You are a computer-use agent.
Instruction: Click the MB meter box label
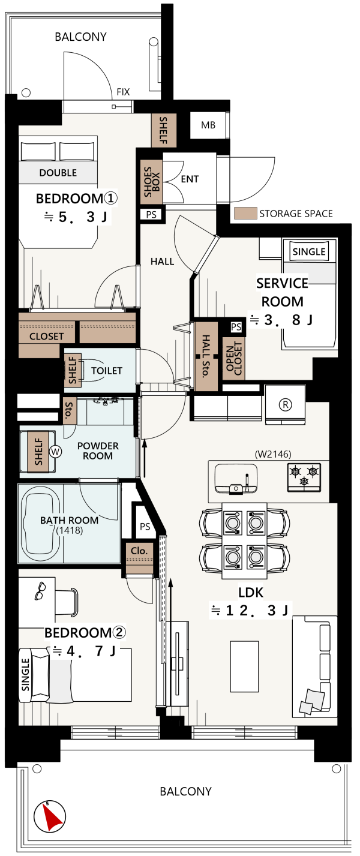click(x=208, y=125)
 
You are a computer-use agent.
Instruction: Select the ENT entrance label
click(x=190, y=179)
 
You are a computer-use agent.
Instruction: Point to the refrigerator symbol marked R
click(x=285, y=404)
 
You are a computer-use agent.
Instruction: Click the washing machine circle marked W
click(x=55, y=452)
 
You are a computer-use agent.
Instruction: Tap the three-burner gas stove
click(x=304, y=477)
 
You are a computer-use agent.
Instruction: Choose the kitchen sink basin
click(x=235, y=479)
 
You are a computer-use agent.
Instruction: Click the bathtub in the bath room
click(x=41, y=522)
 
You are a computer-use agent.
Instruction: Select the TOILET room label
click(x=107, y=371)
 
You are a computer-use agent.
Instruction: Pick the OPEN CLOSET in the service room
click(x=234, y=359)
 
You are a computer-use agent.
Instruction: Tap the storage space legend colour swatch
click(x=245, y=214)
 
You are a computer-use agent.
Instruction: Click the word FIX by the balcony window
click(x=123, y=92)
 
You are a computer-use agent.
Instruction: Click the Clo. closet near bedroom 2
click(x=139, y=558)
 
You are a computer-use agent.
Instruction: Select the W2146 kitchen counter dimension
click(x=273, y=454)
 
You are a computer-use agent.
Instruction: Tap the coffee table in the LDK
click(x=244, y=666)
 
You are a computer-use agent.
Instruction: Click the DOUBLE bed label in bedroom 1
click(x=58, y=173)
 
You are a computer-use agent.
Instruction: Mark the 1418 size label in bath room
click(x=69, y=530)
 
